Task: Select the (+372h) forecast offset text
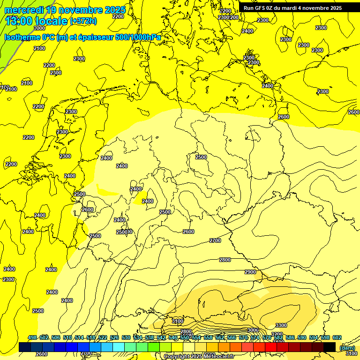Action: (83, 21)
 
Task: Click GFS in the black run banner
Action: (262, 8)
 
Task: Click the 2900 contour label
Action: (250, 272)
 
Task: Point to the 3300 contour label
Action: (281, 325)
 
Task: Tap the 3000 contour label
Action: (253, 330)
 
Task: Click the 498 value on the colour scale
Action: (32, 337)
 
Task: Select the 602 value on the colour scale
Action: (337, 337)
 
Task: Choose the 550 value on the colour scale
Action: (184, 337)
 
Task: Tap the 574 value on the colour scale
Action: (255, 337)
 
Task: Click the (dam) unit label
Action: (347, 347)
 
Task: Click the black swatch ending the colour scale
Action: (330, 347)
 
